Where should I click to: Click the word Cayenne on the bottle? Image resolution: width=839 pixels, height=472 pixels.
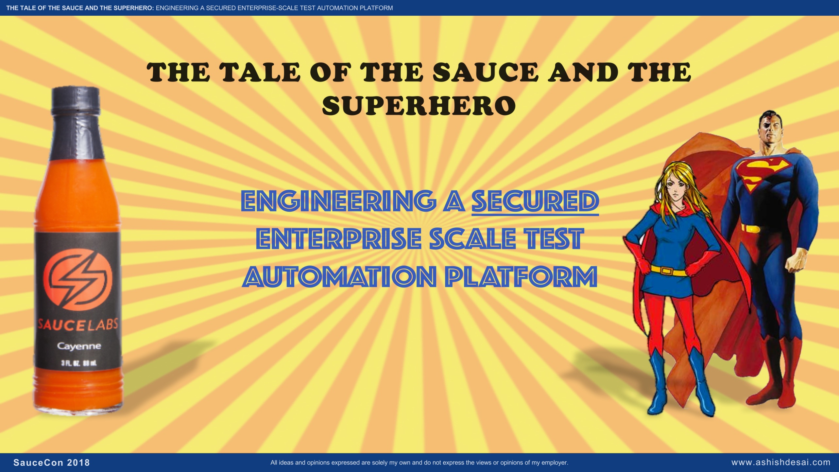(79, 346)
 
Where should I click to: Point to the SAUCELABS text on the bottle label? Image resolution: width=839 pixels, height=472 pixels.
(77, 324)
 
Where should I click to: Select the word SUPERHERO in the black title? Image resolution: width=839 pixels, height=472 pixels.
(419, 105)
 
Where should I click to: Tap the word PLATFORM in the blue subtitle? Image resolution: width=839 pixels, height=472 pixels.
(522, 276)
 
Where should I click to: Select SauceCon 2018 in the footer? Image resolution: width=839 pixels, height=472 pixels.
(52, 463)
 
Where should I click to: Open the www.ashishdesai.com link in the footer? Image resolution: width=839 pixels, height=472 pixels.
(781, 462)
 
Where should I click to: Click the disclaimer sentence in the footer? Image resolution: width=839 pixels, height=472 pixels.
(419, 463)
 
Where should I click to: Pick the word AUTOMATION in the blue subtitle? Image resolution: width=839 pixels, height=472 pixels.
(341, 276)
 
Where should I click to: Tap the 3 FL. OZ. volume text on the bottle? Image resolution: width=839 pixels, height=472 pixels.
(79, 363)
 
